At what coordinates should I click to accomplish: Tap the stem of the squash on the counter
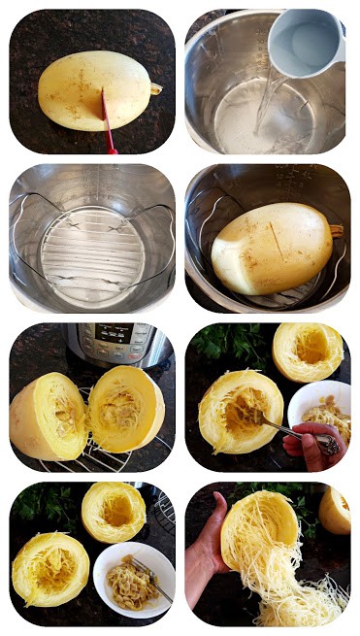[x=155, y=88]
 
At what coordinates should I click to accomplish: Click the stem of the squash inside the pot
[x=336, y=231]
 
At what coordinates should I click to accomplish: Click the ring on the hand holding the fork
[x=329, y=445]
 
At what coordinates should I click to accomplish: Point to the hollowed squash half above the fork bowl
[x=114, y=511]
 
